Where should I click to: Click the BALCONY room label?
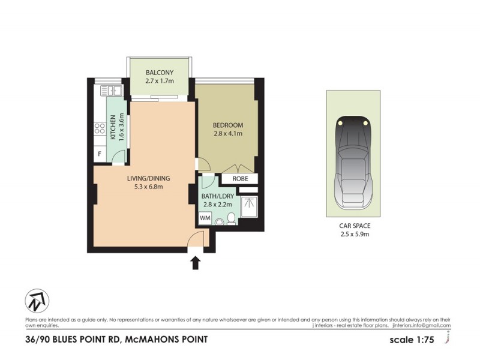click(x=160, y=73)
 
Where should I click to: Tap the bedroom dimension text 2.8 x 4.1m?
click(x=227, y=134)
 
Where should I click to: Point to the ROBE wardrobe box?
click(x=239, y=179)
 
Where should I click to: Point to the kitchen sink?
click(x=111, y=91)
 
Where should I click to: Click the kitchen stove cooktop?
click(x=99, y=127)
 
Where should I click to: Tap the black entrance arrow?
click(x=195, y=262)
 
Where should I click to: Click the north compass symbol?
click(x=37, y=301)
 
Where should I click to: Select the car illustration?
click(x=353, y=161)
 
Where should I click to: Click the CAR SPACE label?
click(x=353, y=226)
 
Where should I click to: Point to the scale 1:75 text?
click(x=411, y=340)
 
